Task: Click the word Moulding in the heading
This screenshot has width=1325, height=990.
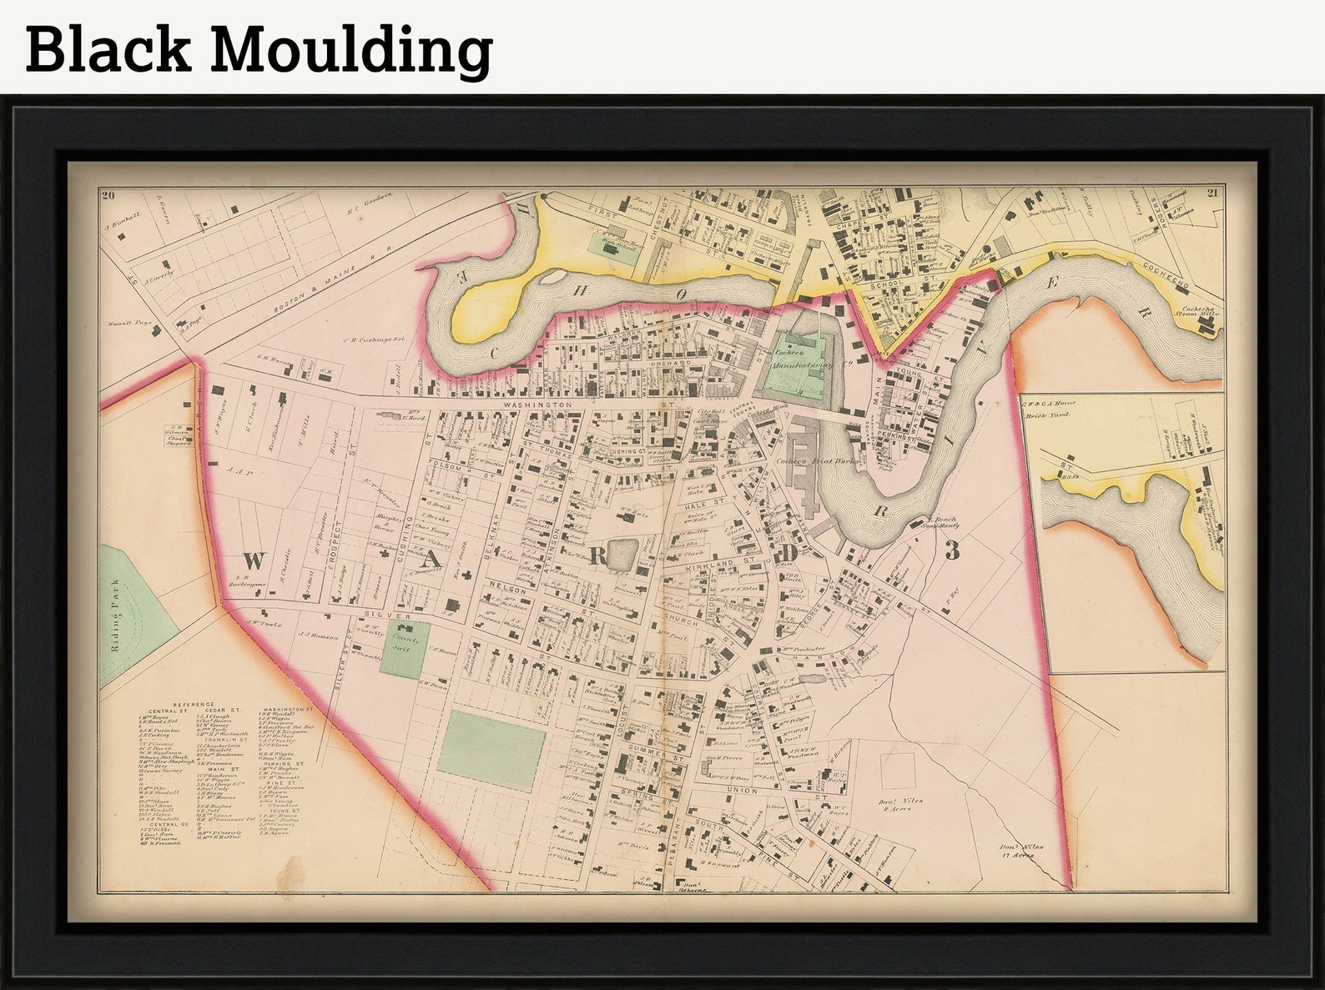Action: click(350, 50)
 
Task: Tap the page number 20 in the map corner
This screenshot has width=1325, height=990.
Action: click(107, 196)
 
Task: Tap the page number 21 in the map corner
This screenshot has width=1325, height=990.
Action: click(1213, 194)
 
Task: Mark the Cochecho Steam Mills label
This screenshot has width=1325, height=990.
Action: click(1201, 310)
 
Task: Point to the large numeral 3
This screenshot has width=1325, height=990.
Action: click(952, 550)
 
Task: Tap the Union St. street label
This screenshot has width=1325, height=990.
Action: click(742, 790)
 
